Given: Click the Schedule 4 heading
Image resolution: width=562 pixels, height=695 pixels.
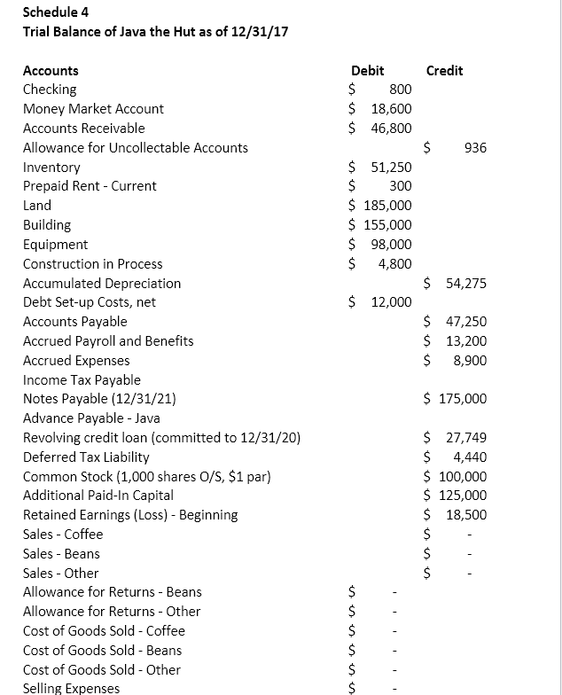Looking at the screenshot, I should point(56,12).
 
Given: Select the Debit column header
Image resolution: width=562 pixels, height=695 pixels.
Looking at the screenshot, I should point(367,70).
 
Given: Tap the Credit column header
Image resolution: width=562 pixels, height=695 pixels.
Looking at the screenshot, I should point(444,70).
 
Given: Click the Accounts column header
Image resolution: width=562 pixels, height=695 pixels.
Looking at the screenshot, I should point(51,70).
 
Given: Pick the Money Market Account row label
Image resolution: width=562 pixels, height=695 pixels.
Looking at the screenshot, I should point(93,108).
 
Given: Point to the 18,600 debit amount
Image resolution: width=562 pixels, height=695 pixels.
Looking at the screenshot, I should point(391,108).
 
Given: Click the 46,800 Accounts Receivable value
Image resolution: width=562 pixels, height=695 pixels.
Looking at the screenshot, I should point(391,128).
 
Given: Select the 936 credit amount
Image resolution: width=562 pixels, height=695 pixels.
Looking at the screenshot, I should point(474,147).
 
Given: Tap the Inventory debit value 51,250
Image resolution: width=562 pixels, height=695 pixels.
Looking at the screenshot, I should point(391,167).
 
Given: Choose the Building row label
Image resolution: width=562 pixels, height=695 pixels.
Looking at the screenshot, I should point(47,225).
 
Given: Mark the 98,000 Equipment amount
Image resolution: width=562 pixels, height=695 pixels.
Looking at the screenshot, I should point(391,244).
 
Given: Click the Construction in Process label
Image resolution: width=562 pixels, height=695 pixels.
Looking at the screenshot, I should point(92,263).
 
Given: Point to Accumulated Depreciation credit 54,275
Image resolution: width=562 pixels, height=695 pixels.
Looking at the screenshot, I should point(466,283).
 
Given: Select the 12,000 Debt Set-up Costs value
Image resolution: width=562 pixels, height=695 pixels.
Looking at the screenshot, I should point(391,302).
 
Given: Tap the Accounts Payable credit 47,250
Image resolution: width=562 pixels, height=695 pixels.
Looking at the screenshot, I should point(466,322).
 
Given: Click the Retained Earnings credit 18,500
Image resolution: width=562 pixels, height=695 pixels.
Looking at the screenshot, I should point(466,515).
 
